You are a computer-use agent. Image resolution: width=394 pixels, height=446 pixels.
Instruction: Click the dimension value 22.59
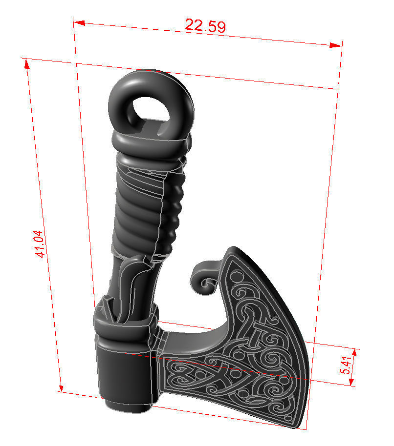tap(205, 25)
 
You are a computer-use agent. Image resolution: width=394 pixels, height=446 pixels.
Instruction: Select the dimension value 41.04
tap(42, 244)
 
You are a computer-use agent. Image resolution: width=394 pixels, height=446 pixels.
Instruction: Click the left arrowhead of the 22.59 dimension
tap(79, 22)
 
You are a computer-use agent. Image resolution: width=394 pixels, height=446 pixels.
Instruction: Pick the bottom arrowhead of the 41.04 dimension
tap(61, 387)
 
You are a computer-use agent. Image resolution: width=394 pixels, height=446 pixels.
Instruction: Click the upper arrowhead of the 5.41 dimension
tap(354, 352)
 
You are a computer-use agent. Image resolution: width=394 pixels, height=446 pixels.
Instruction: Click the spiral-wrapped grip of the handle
tap(147, 205)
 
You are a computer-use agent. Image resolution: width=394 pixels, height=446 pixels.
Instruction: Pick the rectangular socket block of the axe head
tap(125, 371)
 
